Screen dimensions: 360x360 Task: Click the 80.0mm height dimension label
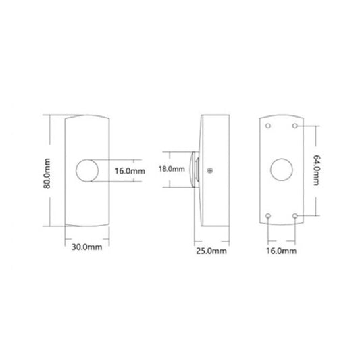pos(47,174)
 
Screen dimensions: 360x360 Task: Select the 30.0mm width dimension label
pos(86,247)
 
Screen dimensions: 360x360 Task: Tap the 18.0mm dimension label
pos(172,169)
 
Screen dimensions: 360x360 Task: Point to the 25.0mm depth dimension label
pos(211,251)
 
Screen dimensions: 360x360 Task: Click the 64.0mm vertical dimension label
pos(317,170)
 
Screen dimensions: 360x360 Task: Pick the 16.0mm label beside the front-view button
pos(130,171)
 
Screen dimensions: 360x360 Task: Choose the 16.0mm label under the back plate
pos(281,251)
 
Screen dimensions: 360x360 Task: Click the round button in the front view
pos(87,171)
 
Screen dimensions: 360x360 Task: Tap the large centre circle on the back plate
pos(282,170)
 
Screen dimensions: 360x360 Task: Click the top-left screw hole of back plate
pos(268,126)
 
